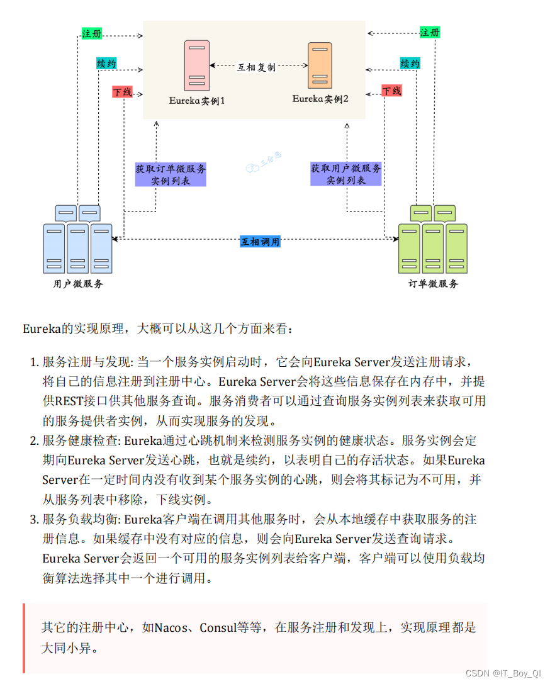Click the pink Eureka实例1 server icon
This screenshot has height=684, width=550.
pyautogui.click(x=196, y=65)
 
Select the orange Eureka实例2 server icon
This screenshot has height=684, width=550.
pyautogui.click(x=320, y=65)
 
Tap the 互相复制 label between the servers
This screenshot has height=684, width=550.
pyautogui.click(x=256, y=66)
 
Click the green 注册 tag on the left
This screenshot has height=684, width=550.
pyautogui.click(x=92, y=33)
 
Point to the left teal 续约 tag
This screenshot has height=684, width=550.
pyautogui.click(x=106, y=64)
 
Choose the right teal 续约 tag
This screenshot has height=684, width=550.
pyautogui.click(x=410, y=64)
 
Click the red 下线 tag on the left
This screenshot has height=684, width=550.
pyautogui.click(x=122, y=92)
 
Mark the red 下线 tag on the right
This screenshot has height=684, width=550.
pyautogui.click(x=391, y=91)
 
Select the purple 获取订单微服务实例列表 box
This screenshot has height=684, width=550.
pyautogui.click(x=171, y=174)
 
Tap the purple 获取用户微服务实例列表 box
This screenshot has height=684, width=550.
pyautogui.click(x=345, y=174)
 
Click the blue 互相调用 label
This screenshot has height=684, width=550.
pyautogui.click(x=260, y=242)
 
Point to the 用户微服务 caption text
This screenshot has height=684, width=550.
pyautogui.click(x=78, y=284)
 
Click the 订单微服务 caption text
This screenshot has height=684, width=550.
pyautogui.click(x=433, y=284)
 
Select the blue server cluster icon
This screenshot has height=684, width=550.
pyautogui.click(x=78, y=239)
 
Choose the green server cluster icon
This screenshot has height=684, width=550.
pyautogui.click(x=433, y=239)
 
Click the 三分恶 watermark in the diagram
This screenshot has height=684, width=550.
pyautogui.click(x=263, y=162)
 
